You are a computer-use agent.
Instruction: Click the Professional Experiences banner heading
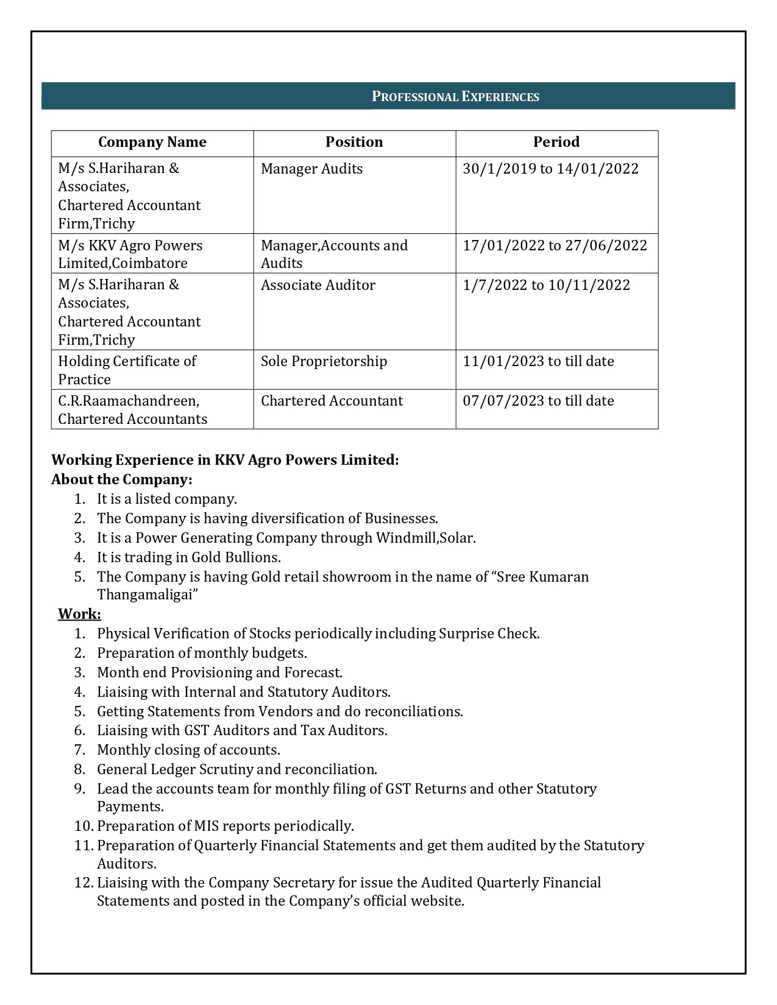[x=455, y=96]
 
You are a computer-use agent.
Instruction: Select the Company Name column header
[x=152, y=143]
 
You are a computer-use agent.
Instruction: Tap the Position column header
[x=354, y=143]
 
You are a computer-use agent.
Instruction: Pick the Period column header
[x=556, y=143]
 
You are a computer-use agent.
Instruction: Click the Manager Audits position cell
[x=311, y=169]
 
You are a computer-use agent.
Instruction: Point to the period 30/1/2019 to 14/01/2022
[x=550, y=169]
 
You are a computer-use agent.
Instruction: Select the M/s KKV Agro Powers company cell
[x=130, y=254]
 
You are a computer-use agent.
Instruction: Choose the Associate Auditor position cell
[x=318, y=285]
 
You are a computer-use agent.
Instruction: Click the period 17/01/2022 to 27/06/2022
[x=555, y=245]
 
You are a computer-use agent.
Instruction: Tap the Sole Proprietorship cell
[x=324, y=361]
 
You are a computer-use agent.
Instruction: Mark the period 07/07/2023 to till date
[x=538, y=401]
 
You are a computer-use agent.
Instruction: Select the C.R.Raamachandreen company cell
[x=132, y=410]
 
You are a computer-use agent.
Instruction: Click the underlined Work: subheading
[x=79, y=614]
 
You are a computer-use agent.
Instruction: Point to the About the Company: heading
[x=121, y=479]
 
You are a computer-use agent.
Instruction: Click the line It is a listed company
[x=166, y=499]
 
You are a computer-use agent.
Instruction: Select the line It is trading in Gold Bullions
[x=188, y=557]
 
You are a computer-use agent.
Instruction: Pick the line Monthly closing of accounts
[x=188, y=750]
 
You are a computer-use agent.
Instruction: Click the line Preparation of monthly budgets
[x=202, y=653]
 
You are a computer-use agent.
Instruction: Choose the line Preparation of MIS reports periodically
[x=225, y=826]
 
